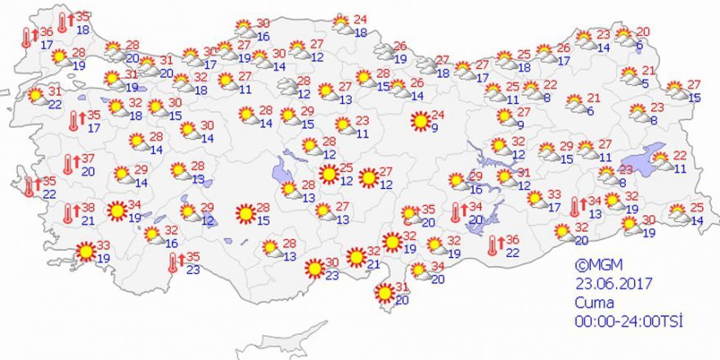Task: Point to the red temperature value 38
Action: tap(88, 208)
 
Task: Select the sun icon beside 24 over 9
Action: tap(421, 122)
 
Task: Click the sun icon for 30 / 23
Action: tap(313, 268)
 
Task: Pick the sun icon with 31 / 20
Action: tap(383, 293)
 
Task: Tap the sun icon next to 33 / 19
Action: tap(85, 252)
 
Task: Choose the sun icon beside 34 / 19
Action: tap(116, 212)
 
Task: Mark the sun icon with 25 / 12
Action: tap(328, 174)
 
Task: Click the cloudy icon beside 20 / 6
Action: tap(625, 37)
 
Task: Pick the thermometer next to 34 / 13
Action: tap(575, 207)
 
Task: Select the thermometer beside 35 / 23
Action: tap(173, 263)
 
